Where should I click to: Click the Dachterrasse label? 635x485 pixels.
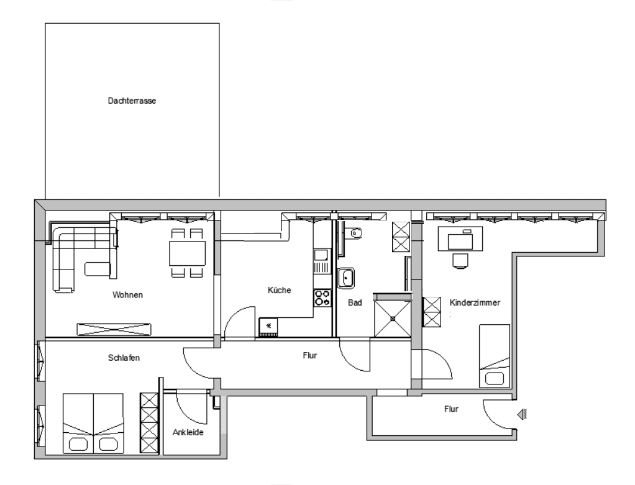pyautogui.click(x=131, y=100)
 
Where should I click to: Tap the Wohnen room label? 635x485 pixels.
pyautogui.click(x=128, y=295)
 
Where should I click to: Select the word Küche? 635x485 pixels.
pyautogui.click(x=279, y=290)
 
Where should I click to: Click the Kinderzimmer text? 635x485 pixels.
pyautogui.click(x=475, y=302)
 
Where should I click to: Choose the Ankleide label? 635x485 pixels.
pyautogui.click(x=188, y=432)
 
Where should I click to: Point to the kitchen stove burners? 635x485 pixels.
pyautogui.click(x=322, y=297)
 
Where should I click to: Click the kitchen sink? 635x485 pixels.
pyautogui.click(x=321, y=255)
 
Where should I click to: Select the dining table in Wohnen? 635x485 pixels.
pyautogui.click(x=187, y=253)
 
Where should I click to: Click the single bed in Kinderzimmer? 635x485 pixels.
pyautogui.click(x=495, y=355)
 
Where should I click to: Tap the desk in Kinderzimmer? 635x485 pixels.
pyautogui.click(x=460, y=240)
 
